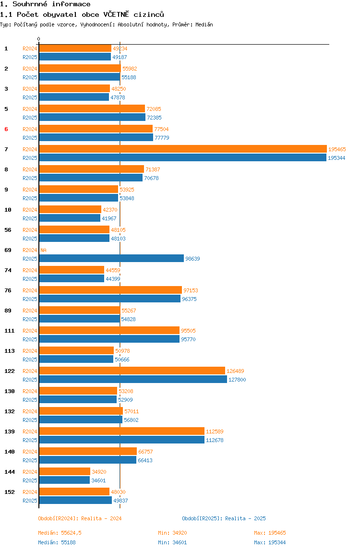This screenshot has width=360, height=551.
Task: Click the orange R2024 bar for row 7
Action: point(183,149)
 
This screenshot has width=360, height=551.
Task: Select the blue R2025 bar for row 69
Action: point(111,258)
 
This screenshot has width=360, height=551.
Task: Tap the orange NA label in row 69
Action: point(43,250)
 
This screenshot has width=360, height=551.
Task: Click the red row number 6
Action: point(6,129)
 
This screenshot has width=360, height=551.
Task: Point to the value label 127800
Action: point(237,380)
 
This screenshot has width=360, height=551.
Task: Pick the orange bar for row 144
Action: point(65,471)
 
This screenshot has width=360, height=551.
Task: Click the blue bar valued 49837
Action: point(75,500)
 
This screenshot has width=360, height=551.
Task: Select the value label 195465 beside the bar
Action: point(337,149)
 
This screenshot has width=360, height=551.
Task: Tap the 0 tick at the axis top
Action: point(39,39)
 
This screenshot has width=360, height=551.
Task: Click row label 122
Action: point(10,371)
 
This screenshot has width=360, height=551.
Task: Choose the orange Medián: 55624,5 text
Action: point(60,533)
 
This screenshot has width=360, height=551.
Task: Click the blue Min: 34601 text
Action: point(172,542)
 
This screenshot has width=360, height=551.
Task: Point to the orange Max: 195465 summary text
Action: point(270,533)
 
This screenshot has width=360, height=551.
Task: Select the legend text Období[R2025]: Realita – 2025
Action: point(224,518)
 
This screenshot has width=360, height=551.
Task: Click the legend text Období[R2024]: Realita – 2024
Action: point(80,518)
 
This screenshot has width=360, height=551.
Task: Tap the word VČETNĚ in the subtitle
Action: point(116,14)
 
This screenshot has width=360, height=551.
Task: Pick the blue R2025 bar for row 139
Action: point(121,440)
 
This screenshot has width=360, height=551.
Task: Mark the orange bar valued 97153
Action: point(110,290)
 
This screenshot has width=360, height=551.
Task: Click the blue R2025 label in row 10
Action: point(30,218)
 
